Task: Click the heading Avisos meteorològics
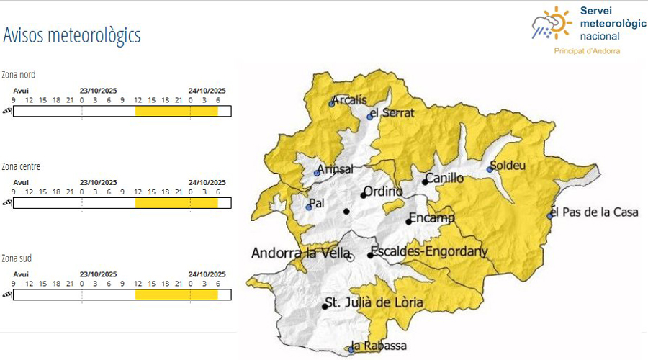click(71, 35)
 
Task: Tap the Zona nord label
click(19, 75)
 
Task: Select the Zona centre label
click(21, 166)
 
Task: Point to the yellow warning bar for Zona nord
click(176, 111)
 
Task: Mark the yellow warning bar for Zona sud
click(176, 294)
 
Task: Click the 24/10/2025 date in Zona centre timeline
click(207, 182)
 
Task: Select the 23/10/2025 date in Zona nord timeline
click(98, 91)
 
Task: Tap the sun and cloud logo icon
click(552, 24)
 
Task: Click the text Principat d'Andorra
click(587, 51)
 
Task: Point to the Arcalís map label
click(349, 99)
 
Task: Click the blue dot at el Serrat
click(370, 117)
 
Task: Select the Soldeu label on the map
click(508, 166)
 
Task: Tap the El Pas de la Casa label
click(595, 212)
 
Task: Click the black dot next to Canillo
click(425, 182)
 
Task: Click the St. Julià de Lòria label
click(374, 302)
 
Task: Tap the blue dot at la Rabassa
click(351, 349)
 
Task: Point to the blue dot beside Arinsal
click(317, 173)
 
